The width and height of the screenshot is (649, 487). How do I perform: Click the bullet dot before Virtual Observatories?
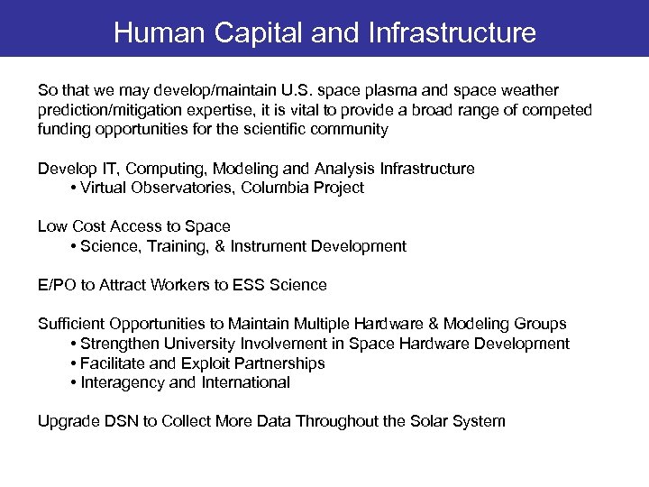click(72, 188)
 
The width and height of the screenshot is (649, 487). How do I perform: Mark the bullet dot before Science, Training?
click(72, 247)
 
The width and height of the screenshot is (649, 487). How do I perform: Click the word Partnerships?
click(278, 363)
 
